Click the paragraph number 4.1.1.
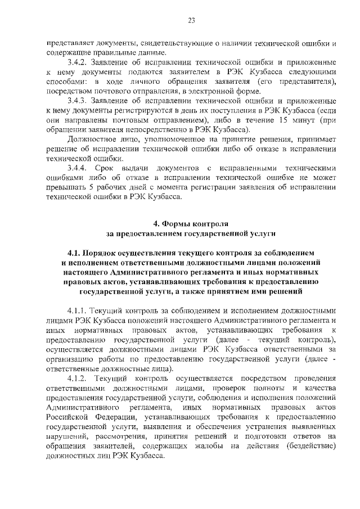[78, 310]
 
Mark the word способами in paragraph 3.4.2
[63, 83]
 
